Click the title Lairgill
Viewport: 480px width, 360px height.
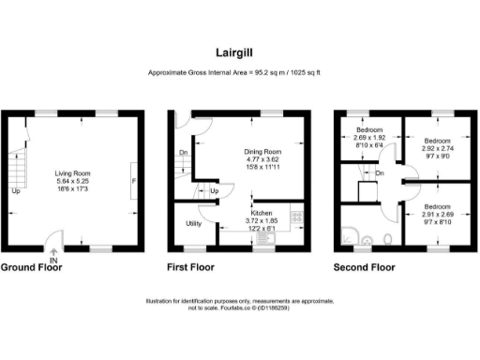(x=239, y=54)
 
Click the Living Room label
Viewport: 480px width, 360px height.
(x=72, y=172)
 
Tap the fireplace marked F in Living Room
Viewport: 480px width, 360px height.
(x=134, y=180)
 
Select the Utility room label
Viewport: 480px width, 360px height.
(x=193, y=224)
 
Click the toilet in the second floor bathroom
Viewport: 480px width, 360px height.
(x=388, y=241)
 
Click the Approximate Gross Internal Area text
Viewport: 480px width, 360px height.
(x=239, y=73)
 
